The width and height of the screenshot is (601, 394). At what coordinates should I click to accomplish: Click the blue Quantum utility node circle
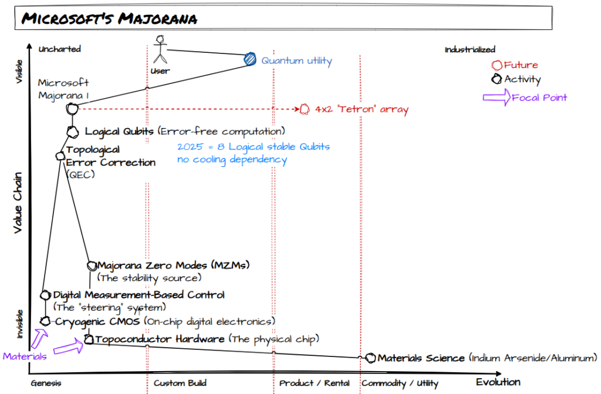(251, 59)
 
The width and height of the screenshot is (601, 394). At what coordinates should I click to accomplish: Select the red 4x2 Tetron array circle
(305, 109)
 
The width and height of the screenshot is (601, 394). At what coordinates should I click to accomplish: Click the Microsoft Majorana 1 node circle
(72, 109)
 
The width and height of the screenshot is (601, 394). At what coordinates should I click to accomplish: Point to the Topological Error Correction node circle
(60, 156)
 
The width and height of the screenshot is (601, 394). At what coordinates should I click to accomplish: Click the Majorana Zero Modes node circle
(91, 265)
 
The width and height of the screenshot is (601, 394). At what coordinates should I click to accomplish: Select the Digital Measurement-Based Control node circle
(46, 295)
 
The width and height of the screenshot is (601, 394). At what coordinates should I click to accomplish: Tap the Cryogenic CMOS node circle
(45, 321)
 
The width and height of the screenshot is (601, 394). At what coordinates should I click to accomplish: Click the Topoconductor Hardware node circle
(89, 339)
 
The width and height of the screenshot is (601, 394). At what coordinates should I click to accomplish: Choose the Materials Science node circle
(370, 358)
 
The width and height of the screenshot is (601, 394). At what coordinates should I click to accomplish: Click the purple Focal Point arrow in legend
(495, 97)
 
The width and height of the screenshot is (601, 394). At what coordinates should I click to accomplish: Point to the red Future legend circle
(497, 66)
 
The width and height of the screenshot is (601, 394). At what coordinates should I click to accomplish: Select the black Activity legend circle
(497, 79)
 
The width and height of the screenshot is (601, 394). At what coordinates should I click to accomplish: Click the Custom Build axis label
(180, 383)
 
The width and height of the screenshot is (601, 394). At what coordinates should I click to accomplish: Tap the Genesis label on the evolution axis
(46, 383)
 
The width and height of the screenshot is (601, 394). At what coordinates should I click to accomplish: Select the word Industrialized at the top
(470, 50)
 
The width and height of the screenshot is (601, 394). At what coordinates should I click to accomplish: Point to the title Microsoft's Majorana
(109, 19)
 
